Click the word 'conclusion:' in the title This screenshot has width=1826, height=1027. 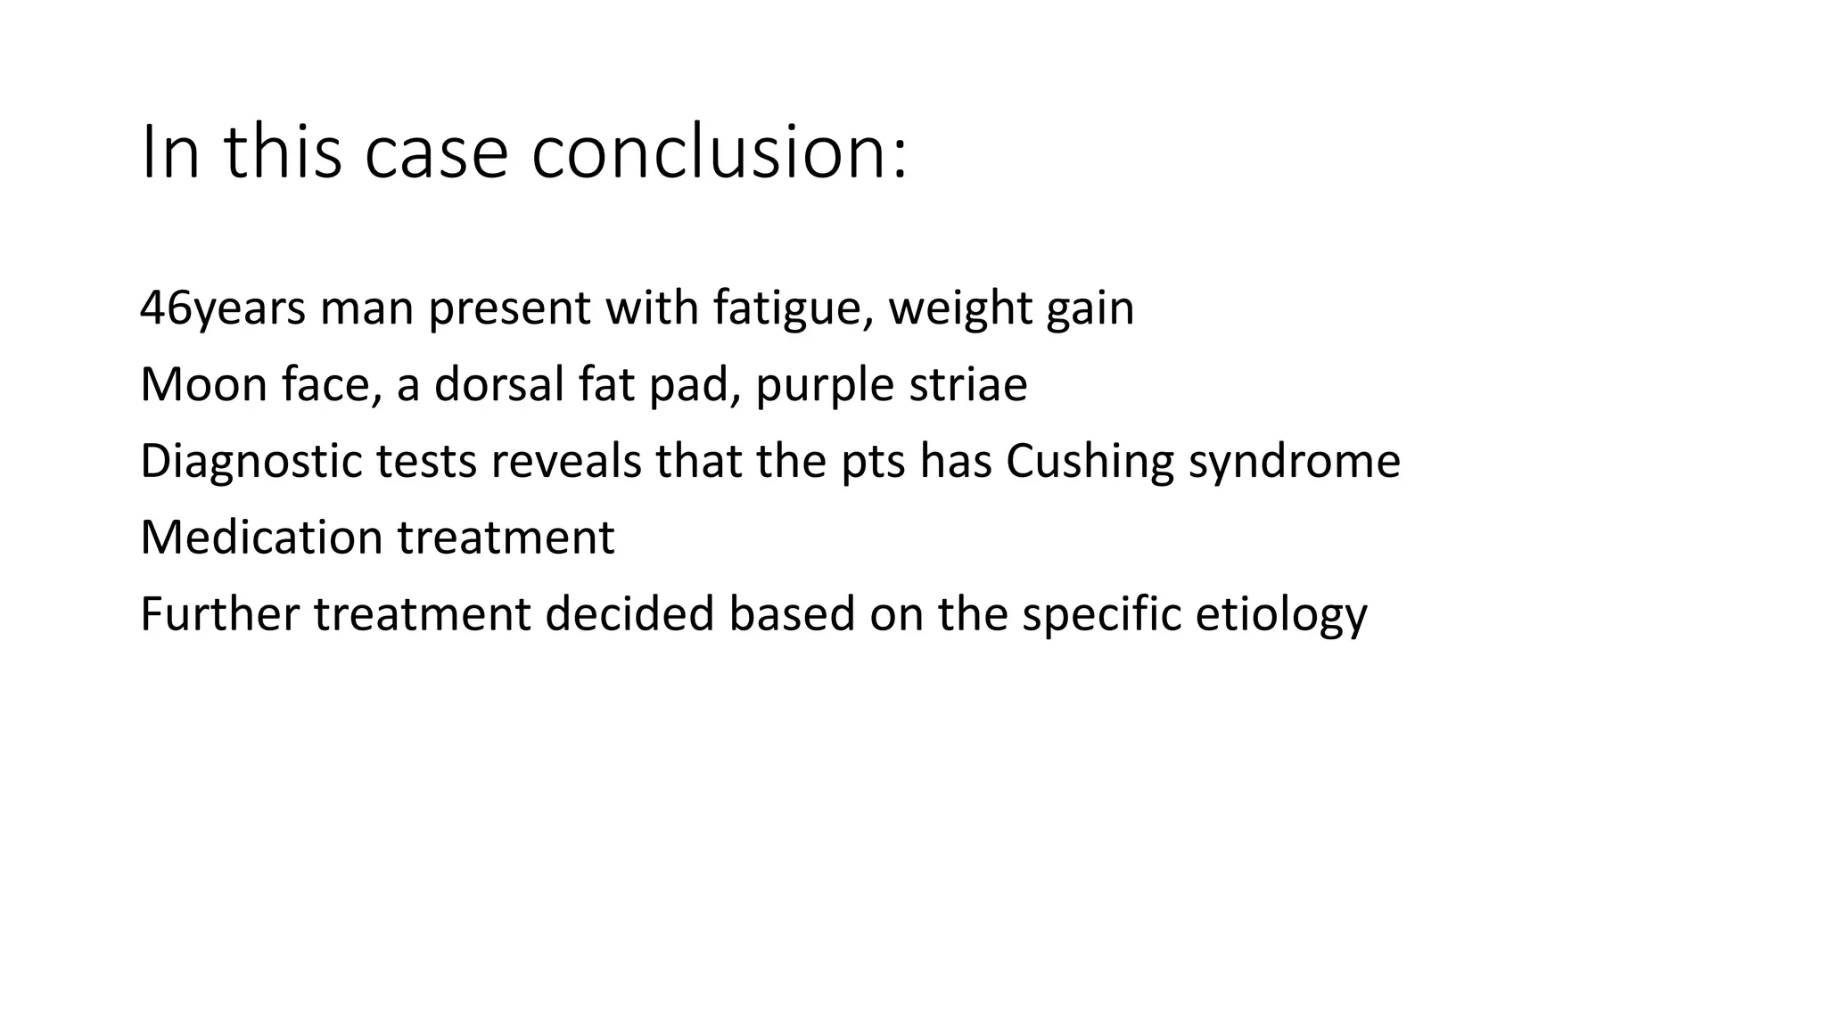719,152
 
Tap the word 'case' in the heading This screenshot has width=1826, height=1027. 436,152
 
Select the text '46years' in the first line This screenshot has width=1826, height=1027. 223,308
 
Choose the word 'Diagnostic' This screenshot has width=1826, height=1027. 251,462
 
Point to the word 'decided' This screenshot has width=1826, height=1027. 629,614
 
